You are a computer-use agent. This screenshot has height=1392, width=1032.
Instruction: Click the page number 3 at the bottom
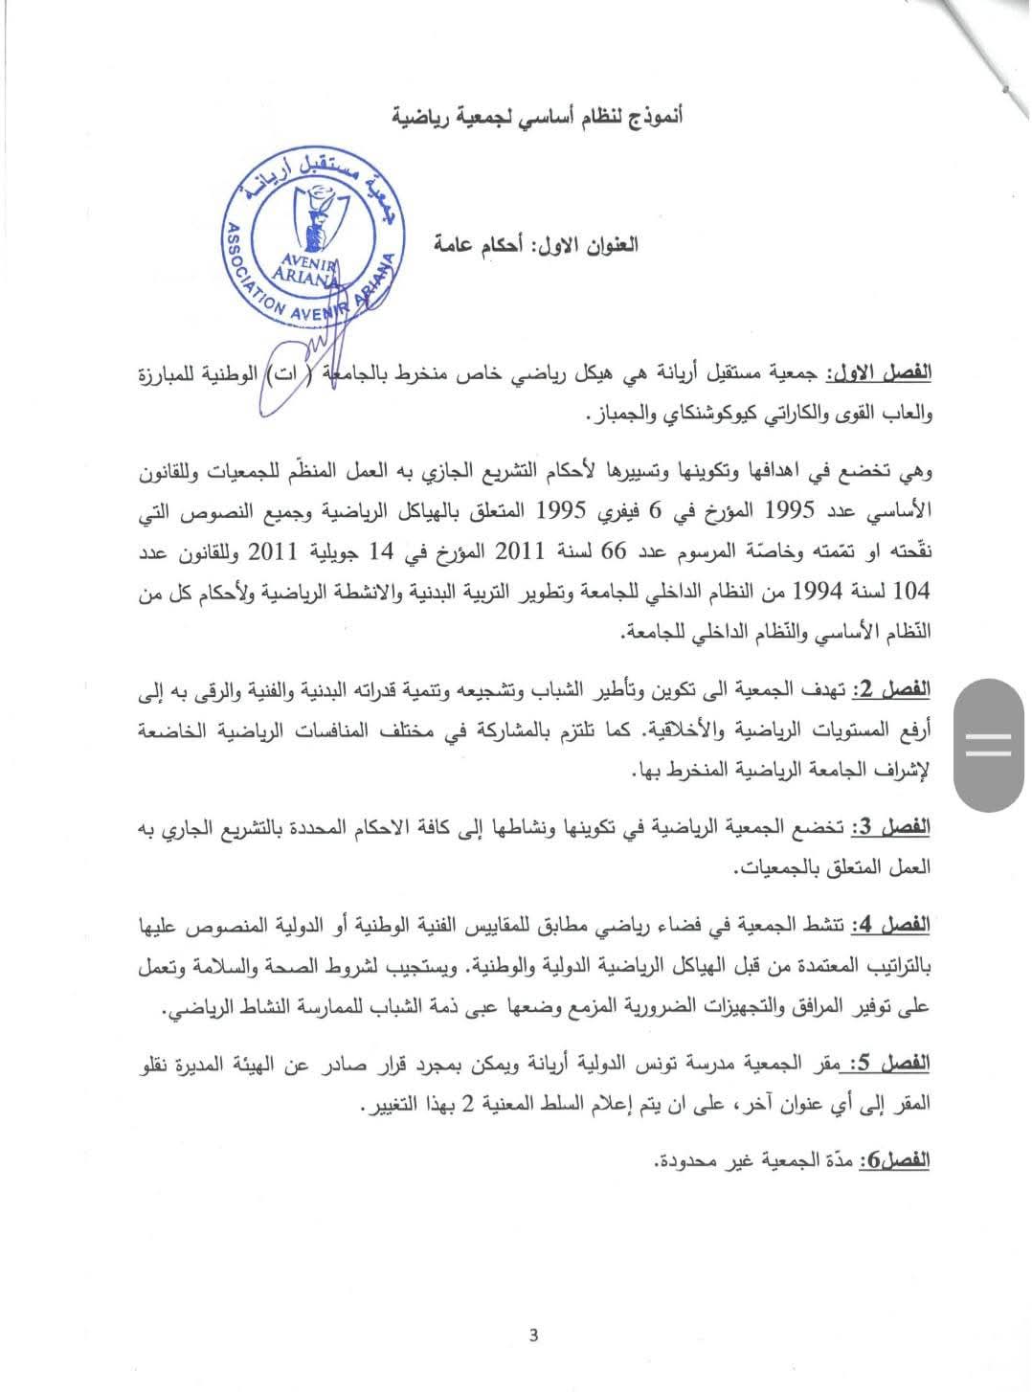[x=533, y=1336]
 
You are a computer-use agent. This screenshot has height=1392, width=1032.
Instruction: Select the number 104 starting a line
[x=911, y=592]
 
